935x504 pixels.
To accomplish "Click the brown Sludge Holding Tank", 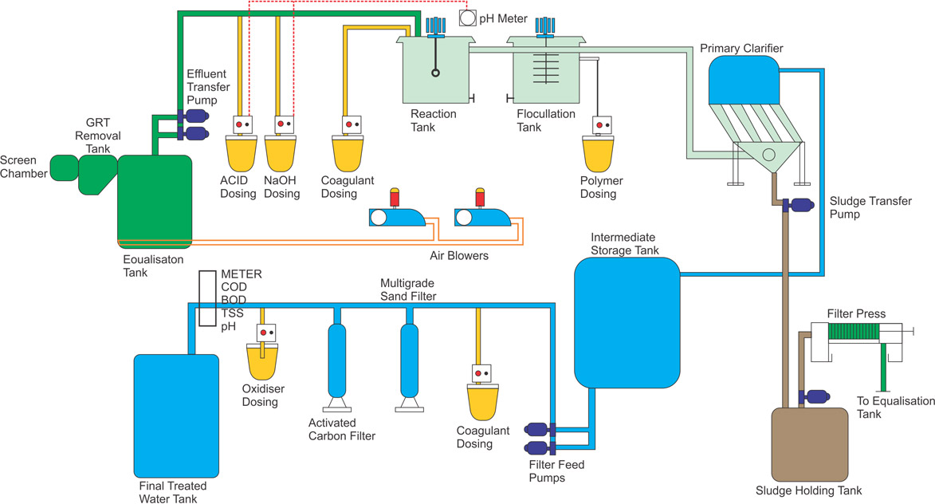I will click(808, 443).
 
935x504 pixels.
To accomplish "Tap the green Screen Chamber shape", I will click(63, 166).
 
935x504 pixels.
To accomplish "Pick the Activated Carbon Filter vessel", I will click(337, 359).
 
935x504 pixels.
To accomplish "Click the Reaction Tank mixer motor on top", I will click(435, 27).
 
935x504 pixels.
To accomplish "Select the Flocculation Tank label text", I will click(546, 120).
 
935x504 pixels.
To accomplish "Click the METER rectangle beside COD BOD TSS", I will click(207, 298).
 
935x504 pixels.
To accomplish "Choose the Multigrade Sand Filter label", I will click(407, 289).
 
